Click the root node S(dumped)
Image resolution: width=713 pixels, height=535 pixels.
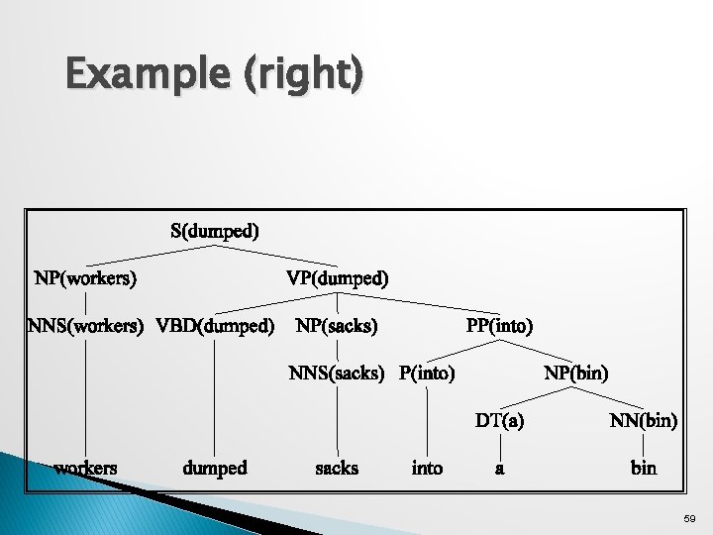[x=214, y=233]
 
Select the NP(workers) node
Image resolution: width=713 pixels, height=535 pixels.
[x=85, y=278]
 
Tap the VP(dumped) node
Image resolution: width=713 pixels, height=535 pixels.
[x=337, y=278]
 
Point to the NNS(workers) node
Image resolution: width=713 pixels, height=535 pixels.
[x=85, y=325]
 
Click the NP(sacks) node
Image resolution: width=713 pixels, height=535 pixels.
[x=337, y=325]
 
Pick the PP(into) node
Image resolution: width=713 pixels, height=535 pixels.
[x=499, y=325]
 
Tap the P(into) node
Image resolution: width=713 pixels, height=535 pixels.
[x=427, y=374]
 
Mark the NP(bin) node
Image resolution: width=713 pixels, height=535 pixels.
[x=576, y=374]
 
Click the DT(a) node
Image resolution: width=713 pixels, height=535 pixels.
[x=499, y=420]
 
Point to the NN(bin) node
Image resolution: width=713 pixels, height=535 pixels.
[x=644, y=420]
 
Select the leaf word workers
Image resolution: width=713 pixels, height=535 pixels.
[x=85, y=467]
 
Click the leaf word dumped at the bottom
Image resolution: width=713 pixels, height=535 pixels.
[x=215, y=467]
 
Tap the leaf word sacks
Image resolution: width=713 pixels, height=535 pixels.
[x=337, y=467]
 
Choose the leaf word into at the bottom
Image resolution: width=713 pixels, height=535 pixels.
[x=427, y=467]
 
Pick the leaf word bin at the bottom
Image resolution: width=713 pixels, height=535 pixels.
[x=644, y=467]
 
